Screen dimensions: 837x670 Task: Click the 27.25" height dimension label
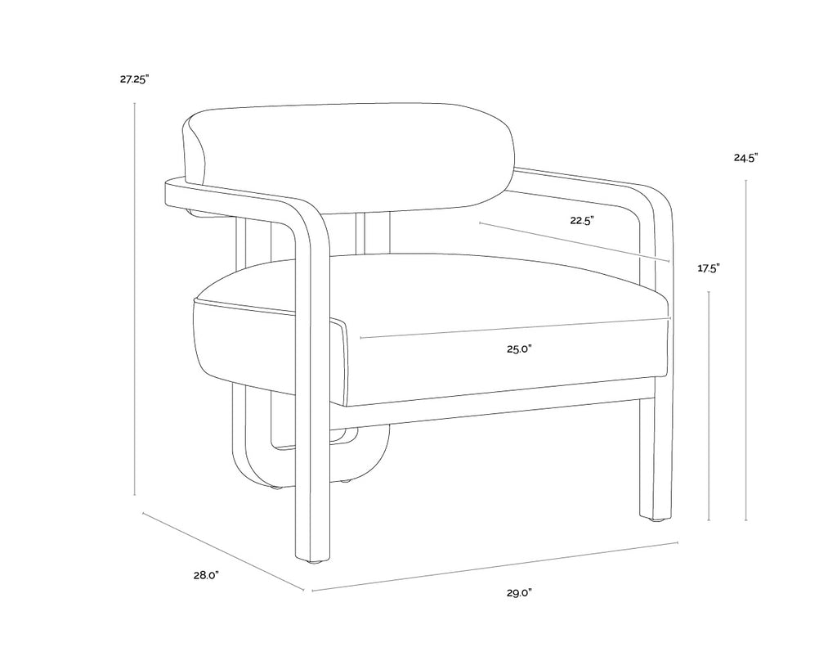[x=134, y=80]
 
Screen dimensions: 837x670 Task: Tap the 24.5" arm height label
[x=745, y=158]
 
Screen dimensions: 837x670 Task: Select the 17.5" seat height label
[x=709, y=268]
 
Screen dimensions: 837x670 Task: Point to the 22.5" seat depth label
[x=582, y=220]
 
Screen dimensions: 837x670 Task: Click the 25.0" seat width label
[x=519, y=349]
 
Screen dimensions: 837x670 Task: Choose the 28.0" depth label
[x=206, y=575]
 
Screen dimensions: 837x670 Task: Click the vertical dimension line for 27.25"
[x=135, y=299]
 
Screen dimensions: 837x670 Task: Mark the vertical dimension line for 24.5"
[x=745, y=350]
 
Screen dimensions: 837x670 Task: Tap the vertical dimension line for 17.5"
[x=709, y=406]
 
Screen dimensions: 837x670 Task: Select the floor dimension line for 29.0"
[x=495, y=567]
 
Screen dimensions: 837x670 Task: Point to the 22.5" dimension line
[x=575, y=241]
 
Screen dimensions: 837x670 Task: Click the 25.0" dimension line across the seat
[x=515, y=328]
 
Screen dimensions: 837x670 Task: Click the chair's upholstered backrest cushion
[x=349, y=159]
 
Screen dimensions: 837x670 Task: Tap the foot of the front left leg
[x=314, y=560]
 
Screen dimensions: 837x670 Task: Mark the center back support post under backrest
[x=374, y=234]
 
